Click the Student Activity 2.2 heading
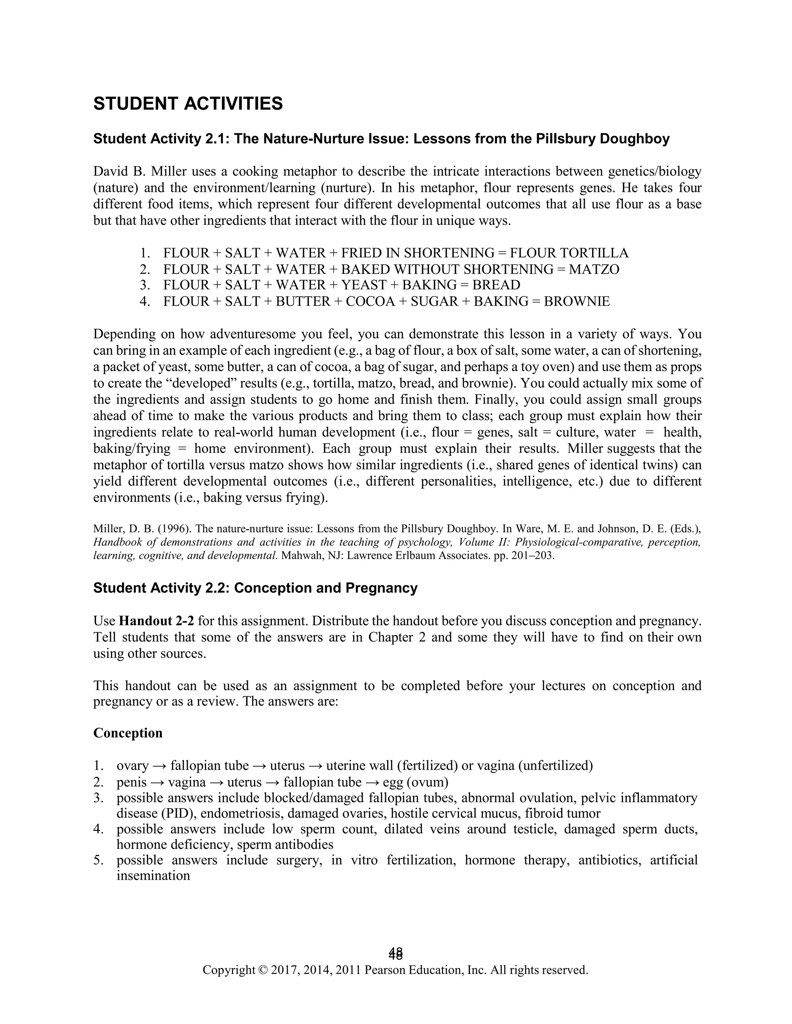(255, 588)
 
